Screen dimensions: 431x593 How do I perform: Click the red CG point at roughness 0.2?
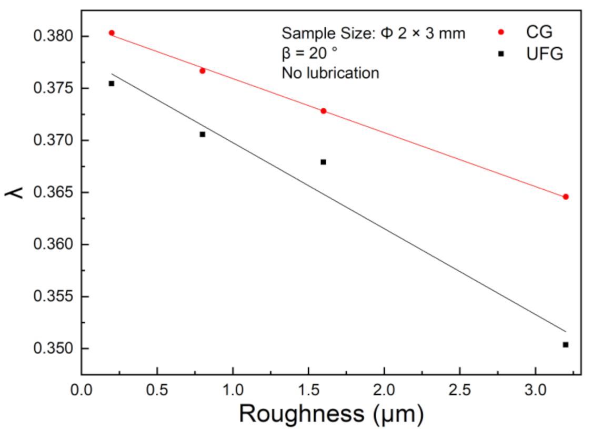pyautogui.click(x=112, y=33)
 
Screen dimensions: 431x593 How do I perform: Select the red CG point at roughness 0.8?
pyautogui.click(x=203, y=70)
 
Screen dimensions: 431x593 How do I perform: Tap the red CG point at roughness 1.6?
pyautogui.click(x=324, y=111)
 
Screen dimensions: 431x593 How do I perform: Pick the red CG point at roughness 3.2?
pyautogui.click(x=566, y=197)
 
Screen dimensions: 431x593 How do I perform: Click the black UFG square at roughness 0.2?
pyautogui.click(x=112, y=84)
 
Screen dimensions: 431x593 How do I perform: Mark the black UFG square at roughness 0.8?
pyautogui.click(x=203, y=135)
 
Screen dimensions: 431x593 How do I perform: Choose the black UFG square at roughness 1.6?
pyautogui.click(x=324, y=162)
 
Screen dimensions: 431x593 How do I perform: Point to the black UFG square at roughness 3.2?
pyautogui.click(x=566, y=345)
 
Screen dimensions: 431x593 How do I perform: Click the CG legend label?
pyautogui.click(x=539, y=32)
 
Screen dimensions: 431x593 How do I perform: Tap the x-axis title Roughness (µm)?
pyautogui.click(x=331, y=414)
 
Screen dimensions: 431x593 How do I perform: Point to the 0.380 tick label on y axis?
pyautogui.click(x=54, y=37)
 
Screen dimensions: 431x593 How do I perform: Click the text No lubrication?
pyautogui.click(x=330, y=73)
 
